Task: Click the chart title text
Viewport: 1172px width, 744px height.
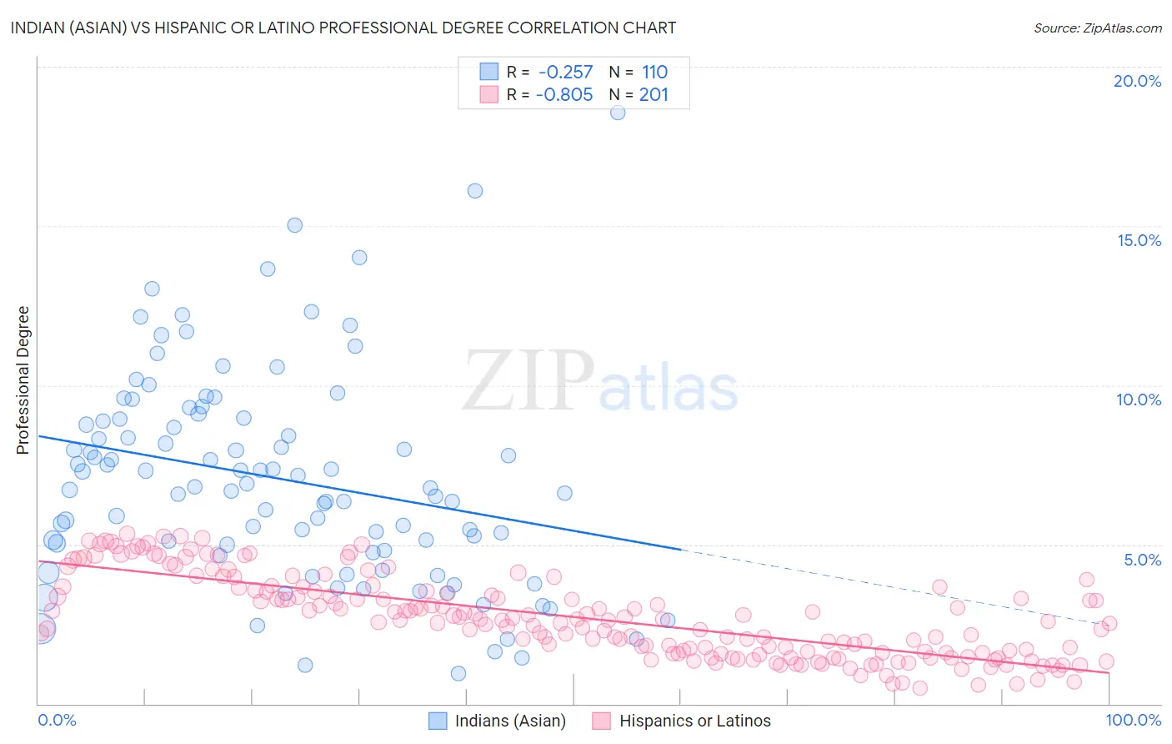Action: [343, 28]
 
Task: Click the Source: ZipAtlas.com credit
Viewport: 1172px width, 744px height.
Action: [1097, 28]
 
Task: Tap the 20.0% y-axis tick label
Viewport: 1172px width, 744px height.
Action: [1137, 81]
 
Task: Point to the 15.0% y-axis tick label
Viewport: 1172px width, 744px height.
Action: [1139, 240]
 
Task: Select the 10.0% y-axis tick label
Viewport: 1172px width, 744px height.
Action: [1139, 400]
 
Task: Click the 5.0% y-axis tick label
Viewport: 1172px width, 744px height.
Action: [1142, 560]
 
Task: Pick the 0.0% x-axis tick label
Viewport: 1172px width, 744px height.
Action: [57, 720]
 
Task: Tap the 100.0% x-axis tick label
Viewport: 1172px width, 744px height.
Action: [1134, 720]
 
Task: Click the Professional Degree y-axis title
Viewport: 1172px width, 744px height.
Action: [23, 380]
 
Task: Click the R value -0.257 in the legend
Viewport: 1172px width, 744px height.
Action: [565, 72]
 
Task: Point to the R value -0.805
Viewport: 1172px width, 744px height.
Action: [564, 94]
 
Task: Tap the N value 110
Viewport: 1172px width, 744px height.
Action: [654, 72]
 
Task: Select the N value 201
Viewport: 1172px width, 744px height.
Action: [654, 94]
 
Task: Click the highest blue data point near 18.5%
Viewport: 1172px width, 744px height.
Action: [618, 113]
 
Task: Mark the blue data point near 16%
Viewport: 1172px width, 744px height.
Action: [475, 190]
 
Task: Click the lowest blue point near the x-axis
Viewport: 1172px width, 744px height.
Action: [458, 673]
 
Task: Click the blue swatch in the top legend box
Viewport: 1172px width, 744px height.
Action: [488, 72]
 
